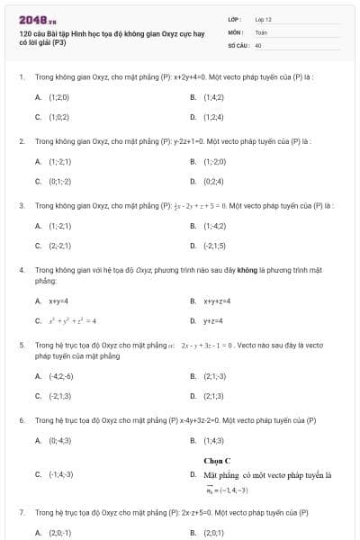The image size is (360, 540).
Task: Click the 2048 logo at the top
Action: click(x=37, y=19)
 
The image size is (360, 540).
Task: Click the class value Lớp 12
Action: click(x=263, y=19)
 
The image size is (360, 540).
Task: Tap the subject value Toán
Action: click(x=261, y=31)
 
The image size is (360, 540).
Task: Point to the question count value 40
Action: click(x=258, y=44)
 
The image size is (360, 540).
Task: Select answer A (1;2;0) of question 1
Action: click(x=58, y=96)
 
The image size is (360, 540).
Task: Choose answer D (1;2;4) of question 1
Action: click(x=213, y=116)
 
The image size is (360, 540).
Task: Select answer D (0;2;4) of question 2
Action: click(x=213, y=181)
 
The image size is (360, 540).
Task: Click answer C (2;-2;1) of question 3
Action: click(x=59, y=246)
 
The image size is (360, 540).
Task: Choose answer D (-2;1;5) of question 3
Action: click(x=215, y=246)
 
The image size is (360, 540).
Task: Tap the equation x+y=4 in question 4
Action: click(x=58, y=301)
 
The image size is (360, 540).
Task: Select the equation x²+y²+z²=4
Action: click(x=72, y=320)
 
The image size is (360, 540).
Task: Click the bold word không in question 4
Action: click(x=247, y=269)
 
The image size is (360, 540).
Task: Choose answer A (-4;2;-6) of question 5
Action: click(x=61, y=376)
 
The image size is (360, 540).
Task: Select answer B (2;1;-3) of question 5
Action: click(x=215, y=376)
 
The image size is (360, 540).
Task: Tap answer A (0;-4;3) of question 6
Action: click(x=59, y=441)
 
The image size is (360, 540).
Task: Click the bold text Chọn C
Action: click(x=217, y=461)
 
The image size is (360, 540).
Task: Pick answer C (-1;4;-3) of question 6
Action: click(x=61, y=473)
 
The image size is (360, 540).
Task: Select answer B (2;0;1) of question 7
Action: click(x=214, y=533)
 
